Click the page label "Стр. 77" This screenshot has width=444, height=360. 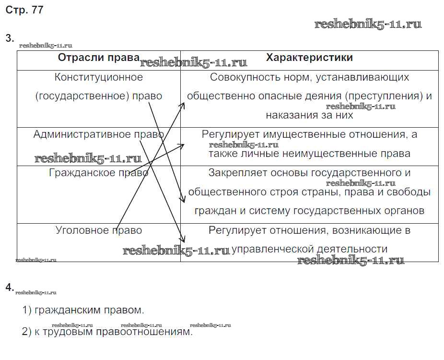coord(24,11)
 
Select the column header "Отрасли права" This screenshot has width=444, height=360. coord(99,58)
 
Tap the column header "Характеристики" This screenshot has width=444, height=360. coord(309,58)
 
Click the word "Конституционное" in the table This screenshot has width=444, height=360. coord(99,77)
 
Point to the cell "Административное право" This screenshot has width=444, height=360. coord(99,134)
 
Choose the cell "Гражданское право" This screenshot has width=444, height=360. coord(99,173)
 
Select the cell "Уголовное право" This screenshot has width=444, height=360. coord(99,230)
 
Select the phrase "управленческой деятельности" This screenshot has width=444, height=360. coord(309,249)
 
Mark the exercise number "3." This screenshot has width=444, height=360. coord(10,38)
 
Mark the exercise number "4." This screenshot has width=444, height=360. coord(10,288)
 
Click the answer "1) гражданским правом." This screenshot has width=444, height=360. coord(83,310)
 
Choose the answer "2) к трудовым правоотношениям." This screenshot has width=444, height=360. coord(107,332)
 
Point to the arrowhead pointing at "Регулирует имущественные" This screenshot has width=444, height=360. coord(182,144)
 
